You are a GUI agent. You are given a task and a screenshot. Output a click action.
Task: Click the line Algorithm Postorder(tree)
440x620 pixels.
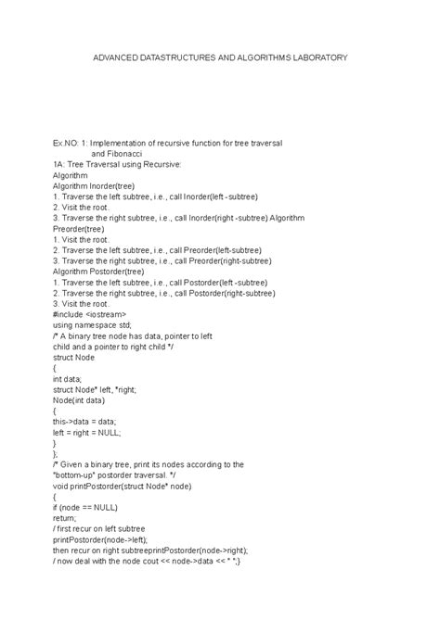(x=99, y=271)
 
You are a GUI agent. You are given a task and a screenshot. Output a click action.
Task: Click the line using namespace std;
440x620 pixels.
(x=93, y=325)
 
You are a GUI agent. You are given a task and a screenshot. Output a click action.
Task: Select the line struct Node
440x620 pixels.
(x=74, y=357)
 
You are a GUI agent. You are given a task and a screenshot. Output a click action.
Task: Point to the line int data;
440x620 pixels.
(x=68, y=379)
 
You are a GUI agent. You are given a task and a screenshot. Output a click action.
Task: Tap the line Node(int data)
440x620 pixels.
(x=79, y=400)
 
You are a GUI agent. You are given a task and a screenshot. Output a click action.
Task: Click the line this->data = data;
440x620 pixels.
(x=86, y=422)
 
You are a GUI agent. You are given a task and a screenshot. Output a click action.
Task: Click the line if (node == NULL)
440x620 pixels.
(x=84, y=507)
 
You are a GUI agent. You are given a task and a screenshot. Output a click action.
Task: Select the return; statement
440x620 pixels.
(x=64, y=518)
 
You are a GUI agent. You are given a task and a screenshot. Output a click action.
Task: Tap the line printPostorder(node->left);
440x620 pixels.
(x=100, y=539)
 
